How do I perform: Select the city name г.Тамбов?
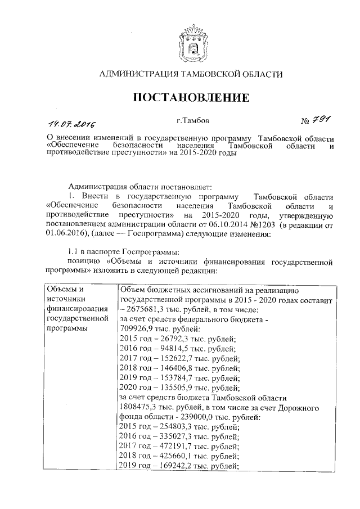click(x=193, y=120)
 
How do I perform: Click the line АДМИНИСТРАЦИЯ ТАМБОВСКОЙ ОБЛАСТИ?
click(x=191, y=74)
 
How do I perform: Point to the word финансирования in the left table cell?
click(x=77, y=309)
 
